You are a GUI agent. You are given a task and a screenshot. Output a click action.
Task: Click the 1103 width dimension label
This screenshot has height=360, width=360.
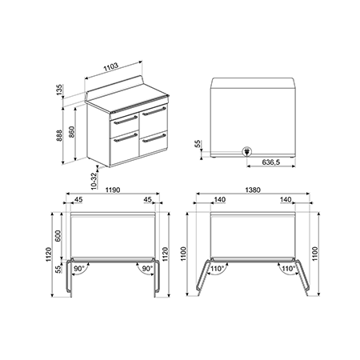tap(110, 67)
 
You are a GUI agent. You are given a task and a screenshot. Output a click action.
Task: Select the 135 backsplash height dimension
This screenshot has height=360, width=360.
tap(59, 90)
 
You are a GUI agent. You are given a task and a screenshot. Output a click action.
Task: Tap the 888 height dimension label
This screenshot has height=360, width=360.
tap(59, 135)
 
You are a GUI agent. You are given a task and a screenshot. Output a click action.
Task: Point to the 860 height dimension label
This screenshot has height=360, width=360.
tap(72, 132)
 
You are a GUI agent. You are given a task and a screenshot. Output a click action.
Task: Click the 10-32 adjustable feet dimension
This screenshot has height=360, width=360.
tap(94, 181)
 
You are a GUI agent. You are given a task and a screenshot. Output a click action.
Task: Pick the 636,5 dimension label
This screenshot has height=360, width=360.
tap(271, 162)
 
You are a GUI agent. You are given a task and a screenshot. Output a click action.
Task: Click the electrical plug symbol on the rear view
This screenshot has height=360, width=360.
tap(246, 151)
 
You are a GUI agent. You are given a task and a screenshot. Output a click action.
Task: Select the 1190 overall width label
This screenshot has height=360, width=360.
tap(113, 190)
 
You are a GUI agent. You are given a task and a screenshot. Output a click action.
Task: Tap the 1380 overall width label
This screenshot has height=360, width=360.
tap(253, 190)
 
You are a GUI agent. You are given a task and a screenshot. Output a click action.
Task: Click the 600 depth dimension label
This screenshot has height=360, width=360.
tap(58, 235)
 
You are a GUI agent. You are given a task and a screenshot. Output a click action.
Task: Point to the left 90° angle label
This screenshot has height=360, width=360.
tap(79, 269)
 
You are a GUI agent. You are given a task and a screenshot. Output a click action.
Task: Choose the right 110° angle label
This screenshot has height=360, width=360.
tap(287, 269)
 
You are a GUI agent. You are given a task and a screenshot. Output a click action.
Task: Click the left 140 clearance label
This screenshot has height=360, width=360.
tap(220, 199)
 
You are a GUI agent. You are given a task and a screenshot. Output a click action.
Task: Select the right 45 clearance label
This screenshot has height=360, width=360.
tap(147, 199)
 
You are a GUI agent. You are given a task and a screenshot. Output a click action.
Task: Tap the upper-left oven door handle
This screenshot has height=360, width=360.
tap(126, 120)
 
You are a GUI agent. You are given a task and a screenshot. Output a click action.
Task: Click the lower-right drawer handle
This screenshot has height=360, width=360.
tap(154, 138)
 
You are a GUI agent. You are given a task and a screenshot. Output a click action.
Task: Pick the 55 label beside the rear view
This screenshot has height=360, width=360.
tap(198, 144)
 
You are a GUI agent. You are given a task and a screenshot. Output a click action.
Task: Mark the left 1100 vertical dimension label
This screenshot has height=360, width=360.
tap(183, 254)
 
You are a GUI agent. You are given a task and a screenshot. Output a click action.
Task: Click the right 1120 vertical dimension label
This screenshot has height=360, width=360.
tap(166, 254)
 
